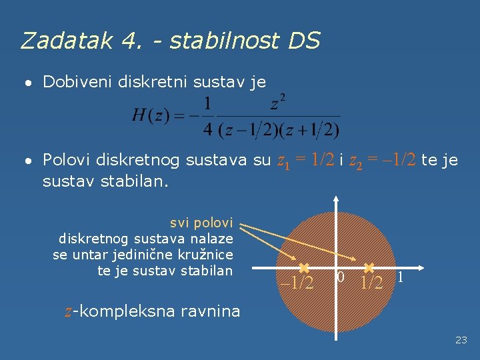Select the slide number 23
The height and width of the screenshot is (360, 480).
click(461, 340)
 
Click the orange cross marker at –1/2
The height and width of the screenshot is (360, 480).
click(303, 268)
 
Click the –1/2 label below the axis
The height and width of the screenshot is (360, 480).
click(297, 283)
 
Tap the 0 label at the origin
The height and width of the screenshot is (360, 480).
click(341, 277)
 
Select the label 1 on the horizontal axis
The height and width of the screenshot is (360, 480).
click(400, 277)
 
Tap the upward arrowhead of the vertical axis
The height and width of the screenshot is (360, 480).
click(337, 199)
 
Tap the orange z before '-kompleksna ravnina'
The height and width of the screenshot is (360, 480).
click(68, 311)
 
